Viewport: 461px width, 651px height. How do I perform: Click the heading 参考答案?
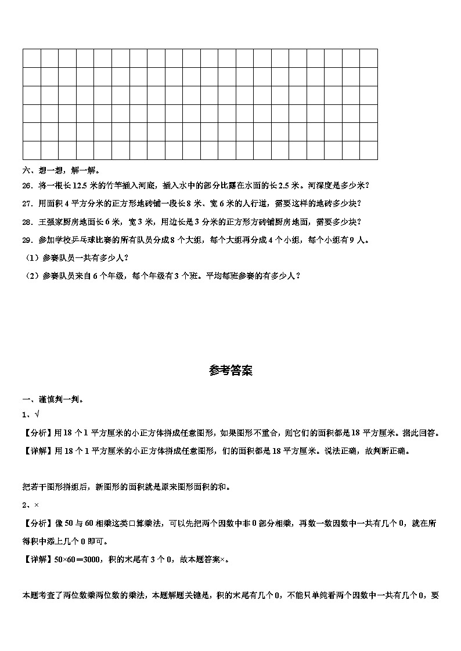click(x=230, y=371)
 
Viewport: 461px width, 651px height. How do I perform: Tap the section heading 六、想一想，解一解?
click(x=61, y=170)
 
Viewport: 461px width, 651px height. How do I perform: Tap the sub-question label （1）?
click(x=31, y=257)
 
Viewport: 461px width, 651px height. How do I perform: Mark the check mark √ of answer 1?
click(x=37, y=414)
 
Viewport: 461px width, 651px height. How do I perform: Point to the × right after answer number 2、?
click(x=37, y=505)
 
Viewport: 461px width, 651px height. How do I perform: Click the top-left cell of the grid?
click(x=31, y=59)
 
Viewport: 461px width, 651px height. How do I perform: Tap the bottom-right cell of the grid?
click(x=369, y=150)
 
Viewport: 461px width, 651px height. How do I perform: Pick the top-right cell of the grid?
click(x=369, y=59)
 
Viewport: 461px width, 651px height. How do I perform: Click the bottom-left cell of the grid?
click(x=31, y=150)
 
